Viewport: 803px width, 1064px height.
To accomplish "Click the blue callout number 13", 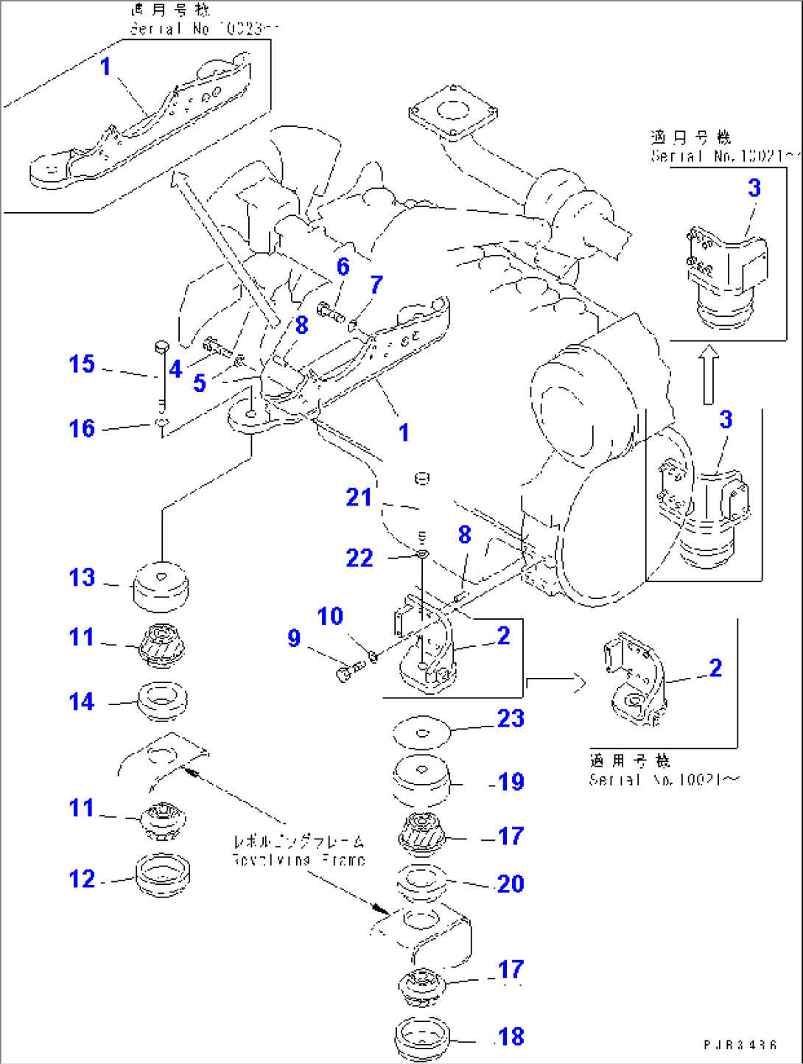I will click(82, 578).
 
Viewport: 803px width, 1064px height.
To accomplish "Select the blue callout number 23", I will click(511, 718).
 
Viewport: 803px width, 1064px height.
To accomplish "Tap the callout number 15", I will click(82, 364).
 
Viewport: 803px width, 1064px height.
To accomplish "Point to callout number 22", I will click(360, 558).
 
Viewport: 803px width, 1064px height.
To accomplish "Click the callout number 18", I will click(511, 1037).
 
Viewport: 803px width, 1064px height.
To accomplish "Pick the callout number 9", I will click(294, 638).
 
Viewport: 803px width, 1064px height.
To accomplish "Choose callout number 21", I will click(359, 497).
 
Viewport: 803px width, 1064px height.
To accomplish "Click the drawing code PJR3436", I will click(740, 1045).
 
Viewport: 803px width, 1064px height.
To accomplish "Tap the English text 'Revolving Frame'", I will click(298, 860).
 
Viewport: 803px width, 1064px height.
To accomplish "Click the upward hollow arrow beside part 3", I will click(708, 374).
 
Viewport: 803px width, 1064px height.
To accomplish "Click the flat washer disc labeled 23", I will click(421, 733).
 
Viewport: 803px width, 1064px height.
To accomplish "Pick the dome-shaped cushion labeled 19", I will click(421, 780).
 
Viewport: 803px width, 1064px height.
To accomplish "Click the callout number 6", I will click(343, 267).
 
